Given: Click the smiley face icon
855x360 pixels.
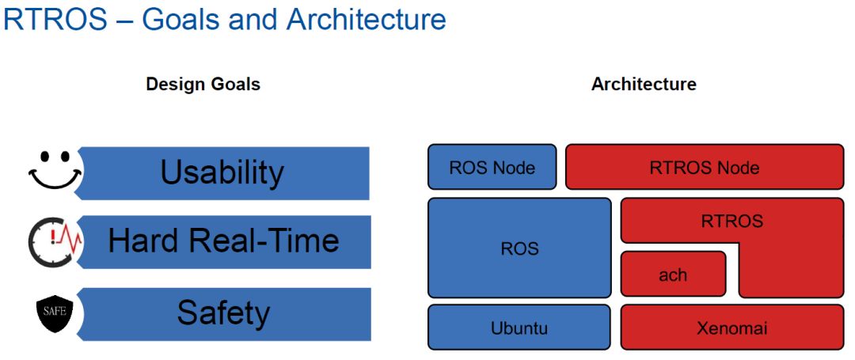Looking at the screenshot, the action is [x=55, y=169].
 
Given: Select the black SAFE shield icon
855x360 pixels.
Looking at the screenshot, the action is [x=55, y=313].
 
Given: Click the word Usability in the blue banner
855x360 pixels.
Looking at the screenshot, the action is [x=222, y=172].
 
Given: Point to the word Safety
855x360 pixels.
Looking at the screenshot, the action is [x=223, y=313].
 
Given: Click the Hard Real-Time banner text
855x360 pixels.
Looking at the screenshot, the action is [x=223, y=241].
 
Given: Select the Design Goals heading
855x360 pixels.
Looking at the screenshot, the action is [x=203, y=85].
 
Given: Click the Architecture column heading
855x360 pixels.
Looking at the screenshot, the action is [x=644, y=85].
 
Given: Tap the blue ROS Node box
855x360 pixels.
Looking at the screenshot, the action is [x=492, y=167].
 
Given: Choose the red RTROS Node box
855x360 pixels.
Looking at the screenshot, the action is [x=705, y=167].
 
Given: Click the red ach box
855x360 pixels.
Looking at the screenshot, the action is [x=673, y=274].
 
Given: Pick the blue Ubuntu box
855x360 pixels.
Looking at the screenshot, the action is [x=519, y=328].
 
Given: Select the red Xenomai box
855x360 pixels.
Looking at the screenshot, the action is [x=732, y=328].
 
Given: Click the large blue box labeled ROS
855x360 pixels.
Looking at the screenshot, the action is [x=519, y=248].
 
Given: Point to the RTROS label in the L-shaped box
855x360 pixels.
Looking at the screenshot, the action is [x=732, y=221].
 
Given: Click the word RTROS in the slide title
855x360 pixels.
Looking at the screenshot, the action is [x=55, y=19].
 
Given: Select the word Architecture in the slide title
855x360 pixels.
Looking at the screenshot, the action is [x=366, y=19].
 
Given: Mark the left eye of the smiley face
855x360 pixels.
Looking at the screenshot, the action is [x=44, y=157].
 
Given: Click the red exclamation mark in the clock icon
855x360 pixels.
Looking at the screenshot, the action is [x=52, y=236].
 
